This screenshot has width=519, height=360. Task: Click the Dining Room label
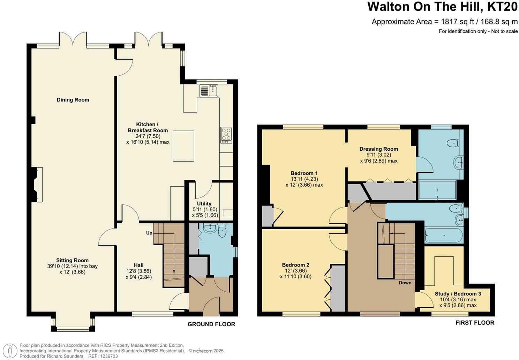pos(73,100)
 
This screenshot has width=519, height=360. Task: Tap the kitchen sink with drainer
pos(209,91)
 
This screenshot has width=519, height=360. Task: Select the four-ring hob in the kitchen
pos(226,135)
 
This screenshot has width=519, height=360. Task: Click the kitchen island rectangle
pos(183,146)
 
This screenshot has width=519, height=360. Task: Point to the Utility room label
pos(204,203)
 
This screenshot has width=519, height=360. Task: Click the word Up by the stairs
pos(149,233)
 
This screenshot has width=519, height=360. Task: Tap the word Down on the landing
pos(405,283)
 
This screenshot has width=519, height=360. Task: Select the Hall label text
pos(138,265)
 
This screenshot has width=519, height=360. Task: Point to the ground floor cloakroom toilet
pos(223,231)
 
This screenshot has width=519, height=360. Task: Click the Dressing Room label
pos(378,149)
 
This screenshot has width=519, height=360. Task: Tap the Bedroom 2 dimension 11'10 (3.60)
pos(296,276)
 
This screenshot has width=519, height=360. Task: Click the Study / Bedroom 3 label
pos(458,294)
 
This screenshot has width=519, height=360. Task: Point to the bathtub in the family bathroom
pos(444,235)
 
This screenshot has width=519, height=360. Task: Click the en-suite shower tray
pos(438,190)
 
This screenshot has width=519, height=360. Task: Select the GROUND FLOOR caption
pos(211,324)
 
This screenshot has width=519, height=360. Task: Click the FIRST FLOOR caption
pos(475,323)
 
